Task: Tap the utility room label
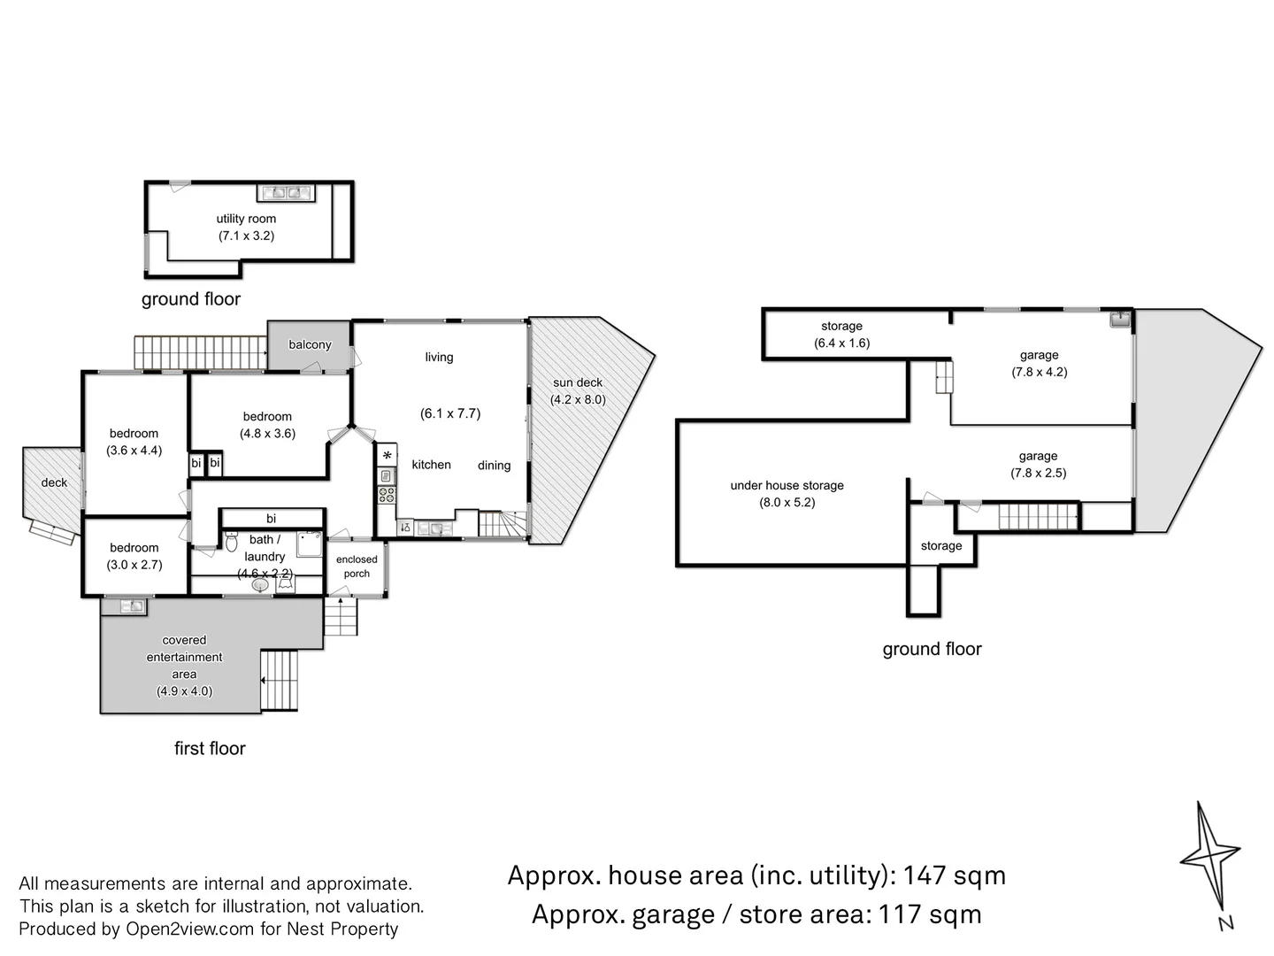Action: pos(246,219)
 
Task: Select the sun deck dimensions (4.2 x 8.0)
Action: pos(578,399)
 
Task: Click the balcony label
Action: pos(310,344)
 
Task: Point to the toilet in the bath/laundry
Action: pos(232,541)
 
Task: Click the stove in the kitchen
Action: pos(387,495)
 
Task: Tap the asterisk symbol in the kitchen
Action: pos(387,456)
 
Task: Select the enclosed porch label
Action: pos(357,567)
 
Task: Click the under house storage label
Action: pos(787,485)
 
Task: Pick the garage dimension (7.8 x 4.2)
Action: pos(1040,372)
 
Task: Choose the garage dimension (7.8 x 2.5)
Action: pos(1039,473)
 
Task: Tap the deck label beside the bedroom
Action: pos(54,482)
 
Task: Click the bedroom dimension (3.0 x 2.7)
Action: pos(134,565)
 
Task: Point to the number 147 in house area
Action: pos(925,875)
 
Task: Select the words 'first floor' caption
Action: pos(210,748)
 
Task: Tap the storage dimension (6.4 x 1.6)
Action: pos(841,343)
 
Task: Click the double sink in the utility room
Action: pos(285,192)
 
